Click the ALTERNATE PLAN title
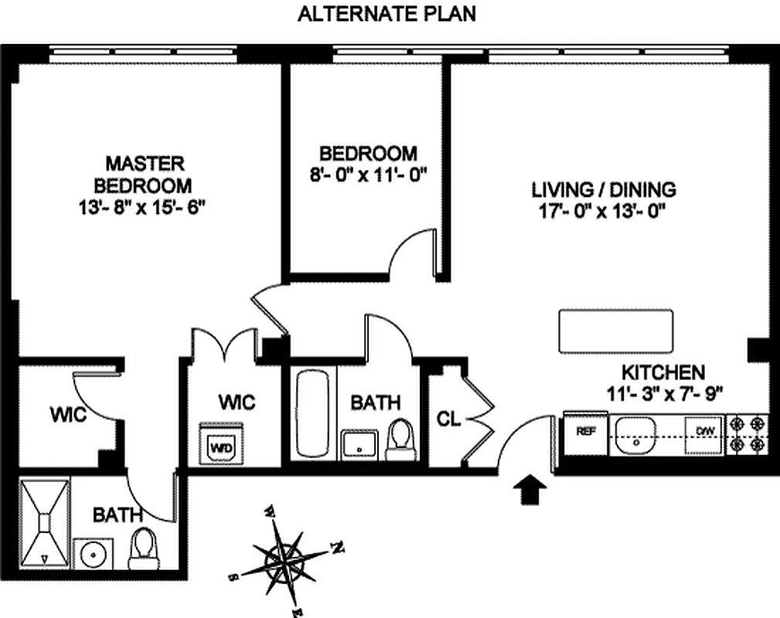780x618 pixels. pos(387,14)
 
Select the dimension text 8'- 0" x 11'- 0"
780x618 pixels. pos(368,175)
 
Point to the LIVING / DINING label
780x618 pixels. pos(603,189)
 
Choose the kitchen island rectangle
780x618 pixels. pos(615,331)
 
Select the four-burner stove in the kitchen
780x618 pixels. pos(748,433)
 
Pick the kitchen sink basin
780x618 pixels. pos(635,434)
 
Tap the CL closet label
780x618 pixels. pos(448,419)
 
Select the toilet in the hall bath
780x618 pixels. pos(400,438)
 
